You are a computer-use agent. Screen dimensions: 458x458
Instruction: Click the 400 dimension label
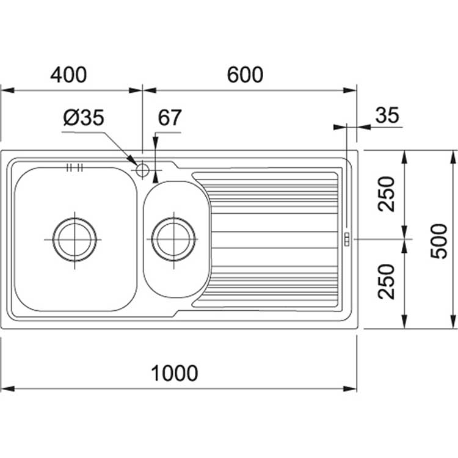tap(68, 75)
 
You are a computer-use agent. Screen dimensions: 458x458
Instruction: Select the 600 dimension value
tap(244, 75)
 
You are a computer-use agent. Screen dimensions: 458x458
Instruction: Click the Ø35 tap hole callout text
tap(83, 118)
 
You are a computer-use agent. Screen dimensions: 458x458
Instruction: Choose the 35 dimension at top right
tap(387, 115)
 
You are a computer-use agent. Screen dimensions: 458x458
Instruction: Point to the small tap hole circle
tap(143, 169)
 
